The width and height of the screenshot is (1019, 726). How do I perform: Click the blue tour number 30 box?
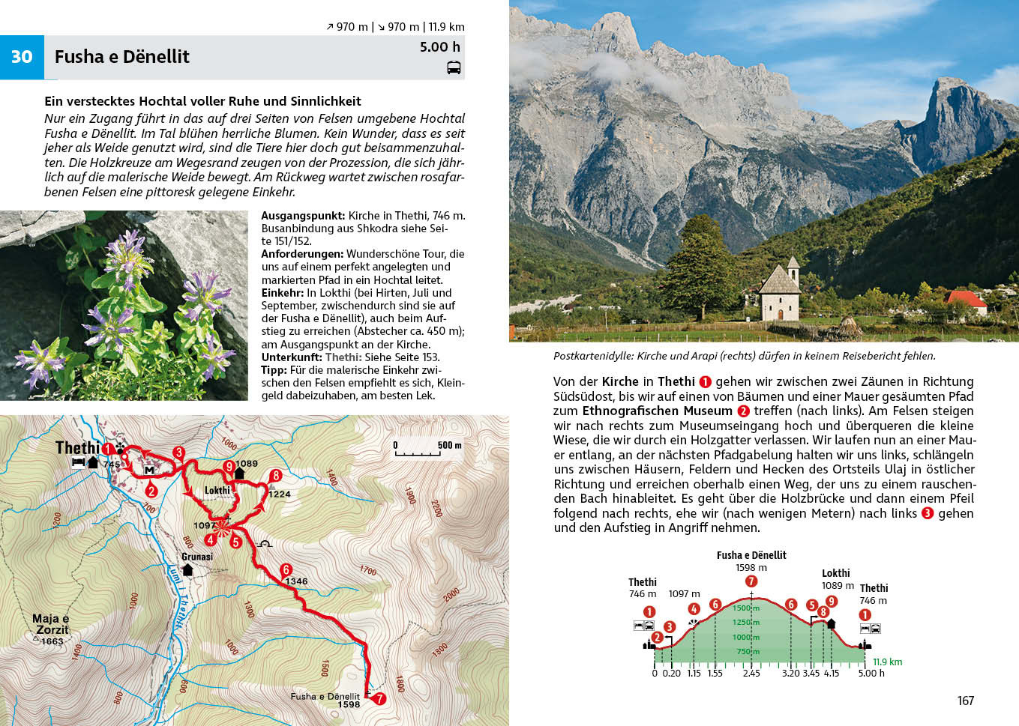coord(22,57)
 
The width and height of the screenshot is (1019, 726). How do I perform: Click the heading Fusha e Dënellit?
coord(121,57)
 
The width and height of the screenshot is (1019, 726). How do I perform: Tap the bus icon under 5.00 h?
coord(454,68)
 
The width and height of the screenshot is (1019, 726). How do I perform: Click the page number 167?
coord(965,701)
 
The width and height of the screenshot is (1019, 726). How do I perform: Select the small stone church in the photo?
coord(781,292)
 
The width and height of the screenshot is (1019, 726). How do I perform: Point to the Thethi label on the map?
coord(77,447)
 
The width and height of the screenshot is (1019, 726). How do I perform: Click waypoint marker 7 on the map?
coord(379,698)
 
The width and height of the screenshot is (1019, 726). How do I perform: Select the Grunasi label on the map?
coord(197,557)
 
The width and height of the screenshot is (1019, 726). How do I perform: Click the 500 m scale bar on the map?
coord(427,450)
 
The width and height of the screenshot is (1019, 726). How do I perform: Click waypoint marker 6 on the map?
coord(286,569)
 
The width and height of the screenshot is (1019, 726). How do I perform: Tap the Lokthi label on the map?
coord(217,491)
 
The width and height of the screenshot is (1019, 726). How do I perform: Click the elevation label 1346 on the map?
coord(296,581)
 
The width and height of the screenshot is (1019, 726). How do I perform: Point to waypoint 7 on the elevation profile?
coord(751,581)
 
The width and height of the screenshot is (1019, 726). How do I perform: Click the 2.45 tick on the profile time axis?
coord(751,673)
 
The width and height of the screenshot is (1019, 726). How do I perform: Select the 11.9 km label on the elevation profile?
coord(887,662)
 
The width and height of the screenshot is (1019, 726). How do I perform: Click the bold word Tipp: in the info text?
coord(274,370)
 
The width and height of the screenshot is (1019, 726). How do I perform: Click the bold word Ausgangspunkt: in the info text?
coord(303,216)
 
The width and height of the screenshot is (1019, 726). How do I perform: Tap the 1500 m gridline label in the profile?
coord(746,608)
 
